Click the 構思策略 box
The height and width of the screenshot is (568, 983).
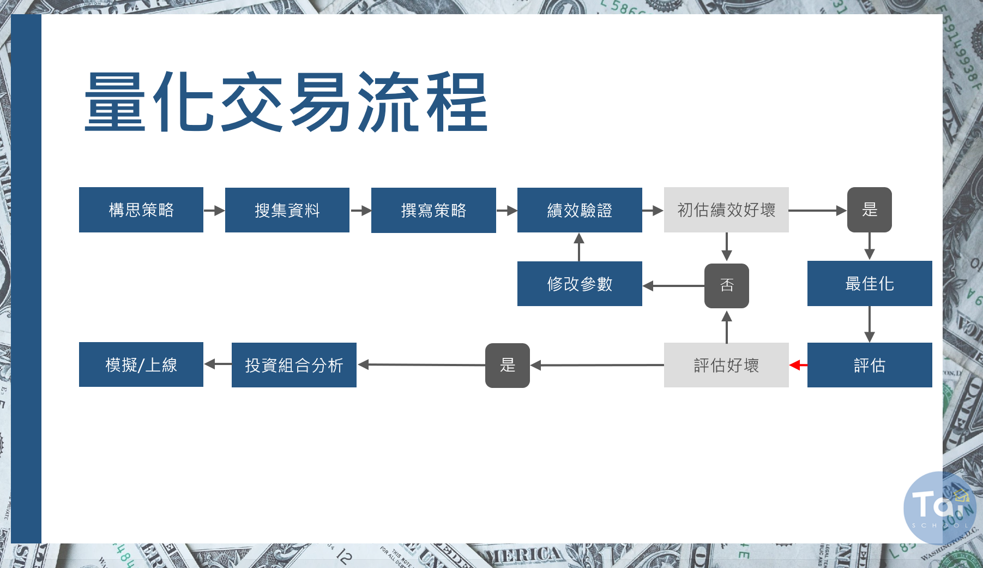pyautogui.click(x=141, y=210)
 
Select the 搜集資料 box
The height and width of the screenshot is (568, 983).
pyautogui.click(x=287, y=210)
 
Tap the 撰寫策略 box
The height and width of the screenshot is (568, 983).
pyautogui.click(x=433, y=210)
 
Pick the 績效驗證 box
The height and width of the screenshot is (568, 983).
pyautogui.click(x=580, y=210)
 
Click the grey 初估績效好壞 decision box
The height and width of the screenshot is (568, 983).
pyautogui.click(x=726, y=210)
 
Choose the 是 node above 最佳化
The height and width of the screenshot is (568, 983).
pyautogui.click(x=869, y=210)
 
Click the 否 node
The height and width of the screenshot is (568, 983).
pyautogui.click(x=726, y=285)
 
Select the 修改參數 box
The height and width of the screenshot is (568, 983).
pyautogui.click(x=580, y=284)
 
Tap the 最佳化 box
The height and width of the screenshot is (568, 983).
pyautogui.click(x=870, y=284)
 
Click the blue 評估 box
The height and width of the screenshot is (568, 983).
pyautogui.click(x=870, y=365)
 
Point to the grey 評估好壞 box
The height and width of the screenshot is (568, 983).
pyautogui.click(x=726, y=365)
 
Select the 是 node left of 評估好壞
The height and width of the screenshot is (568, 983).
pyautogui.click(x=507, y=365)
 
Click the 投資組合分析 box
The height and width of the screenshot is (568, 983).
pyautogui.click(x=294, y=365)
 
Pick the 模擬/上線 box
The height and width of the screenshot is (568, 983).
pyautogui.click(x=141, y=364)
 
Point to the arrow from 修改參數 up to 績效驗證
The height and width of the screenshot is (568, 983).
pyautogui.click(x=579, y=247)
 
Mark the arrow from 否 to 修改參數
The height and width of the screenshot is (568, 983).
pyautogui.click(x=673, y=285)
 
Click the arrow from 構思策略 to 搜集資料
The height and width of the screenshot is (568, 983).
pyautogui.click(x=214, y=210)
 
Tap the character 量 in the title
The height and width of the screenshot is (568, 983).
pyautogui.click(x=115, y=102)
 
